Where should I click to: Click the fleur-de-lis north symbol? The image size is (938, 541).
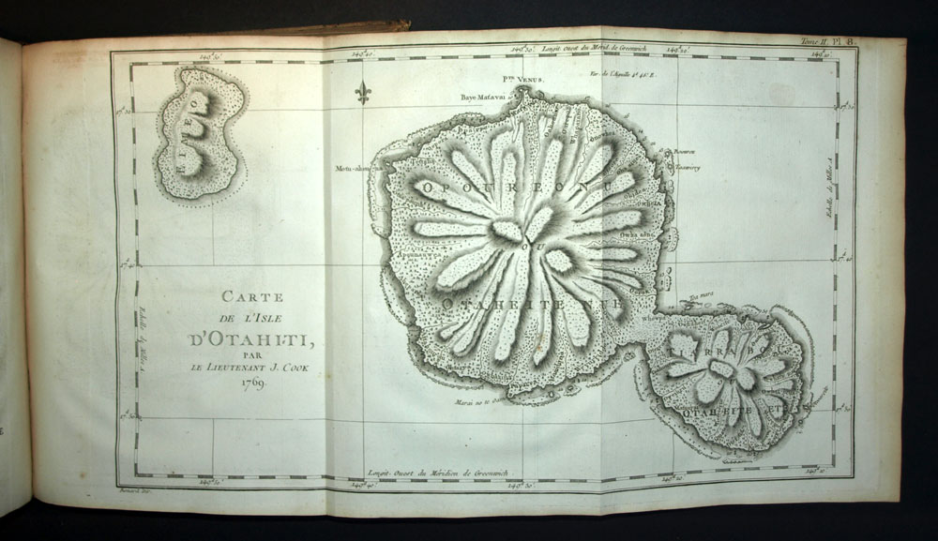[363, 92]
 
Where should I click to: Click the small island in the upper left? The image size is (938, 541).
[198, 136]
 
